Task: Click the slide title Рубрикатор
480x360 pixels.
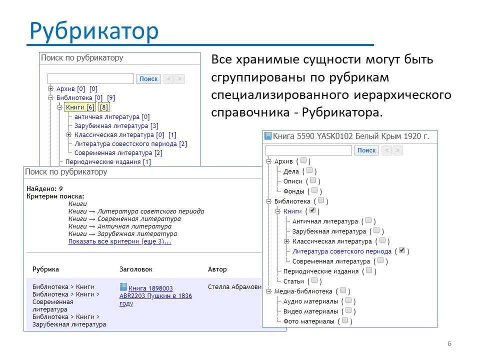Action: [x=94, y=31]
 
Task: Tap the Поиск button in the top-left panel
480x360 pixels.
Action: [x=148, y=79]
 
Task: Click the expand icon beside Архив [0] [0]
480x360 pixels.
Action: [x=51, y=89]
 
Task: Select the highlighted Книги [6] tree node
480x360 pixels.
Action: [x=80, y=107]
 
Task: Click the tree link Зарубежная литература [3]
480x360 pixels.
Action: [x=116, y=126]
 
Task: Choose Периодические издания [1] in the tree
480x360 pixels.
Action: [x=108, y=162]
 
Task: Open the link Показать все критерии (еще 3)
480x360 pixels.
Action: [x=119, y=241]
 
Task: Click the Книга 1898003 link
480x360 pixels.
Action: [x=150, y=288]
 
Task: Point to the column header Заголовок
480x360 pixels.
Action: [x=136, y=269]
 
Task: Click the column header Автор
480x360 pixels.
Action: [x=217, y=269]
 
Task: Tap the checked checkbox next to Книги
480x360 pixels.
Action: [x=312, y=210]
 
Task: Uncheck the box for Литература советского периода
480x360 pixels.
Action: [x=402, y=250]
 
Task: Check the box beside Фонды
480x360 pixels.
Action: [x=314, y=190]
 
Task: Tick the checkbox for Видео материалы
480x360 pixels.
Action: [x=348, y=310]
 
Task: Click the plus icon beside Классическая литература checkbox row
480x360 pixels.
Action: [x=287, y=241]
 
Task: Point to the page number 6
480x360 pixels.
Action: [x=449, y=343]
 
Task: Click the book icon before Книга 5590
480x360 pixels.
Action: [x=268, y=136]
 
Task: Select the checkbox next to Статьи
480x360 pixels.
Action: [x=314, y=280]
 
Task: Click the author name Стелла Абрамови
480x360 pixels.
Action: [x=235, y=287]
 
